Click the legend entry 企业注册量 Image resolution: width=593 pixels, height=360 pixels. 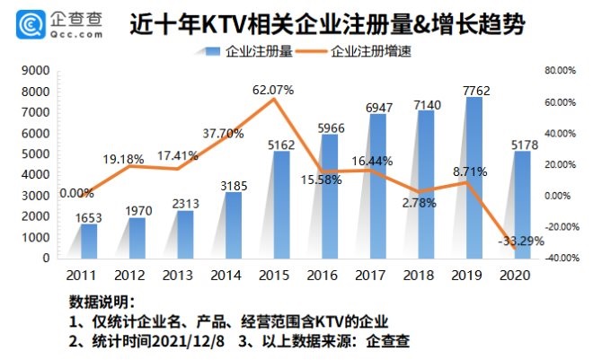pyautogui.click(x=252, y=51)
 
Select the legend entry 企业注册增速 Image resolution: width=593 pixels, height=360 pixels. pyautogui.click(x=367, y=51)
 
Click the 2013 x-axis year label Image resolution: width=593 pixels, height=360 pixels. pyautogui.click(x=180, y=273)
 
